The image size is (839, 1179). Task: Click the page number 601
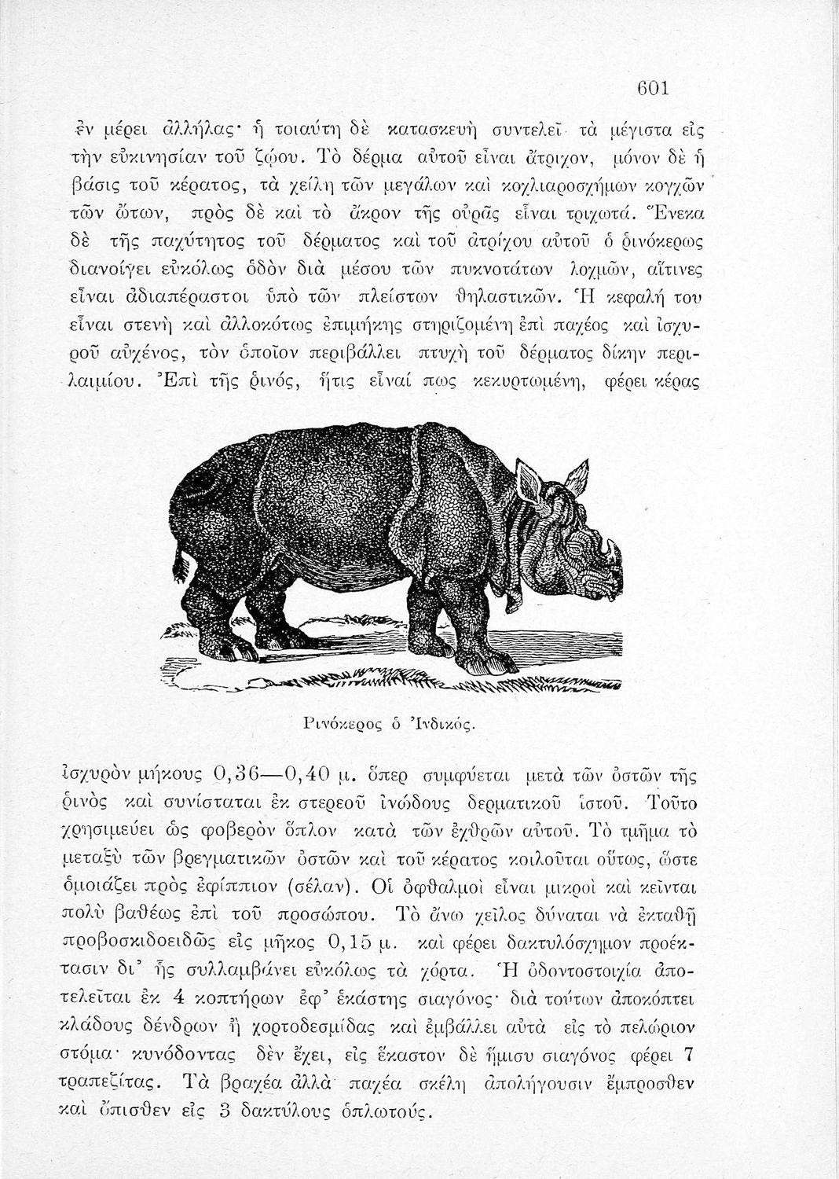tap(652, 88)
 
